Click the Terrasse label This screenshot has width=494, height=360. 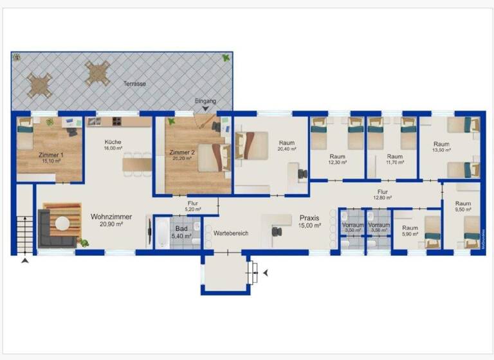[135, 84]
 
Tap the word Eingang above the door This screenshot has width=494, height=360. [206, 102]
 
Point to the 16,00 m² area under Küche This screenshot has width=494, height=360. [113, 148]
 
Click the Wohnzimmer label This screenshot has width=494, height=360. [111, 217]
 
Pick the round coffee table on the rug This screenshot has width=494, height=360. [62, 223]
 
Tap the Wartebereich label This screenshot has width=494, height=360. [231, 233]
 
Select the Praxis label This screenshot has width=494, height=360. [309, 219]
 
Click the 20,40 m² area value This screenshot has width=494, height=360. [287, 149]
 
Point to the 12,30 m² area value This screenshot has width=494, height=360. [338, 163]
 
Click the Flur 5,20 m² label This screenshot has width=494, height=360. [192, 206]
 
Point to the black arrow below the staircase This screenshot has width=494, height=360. [25, 261]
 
